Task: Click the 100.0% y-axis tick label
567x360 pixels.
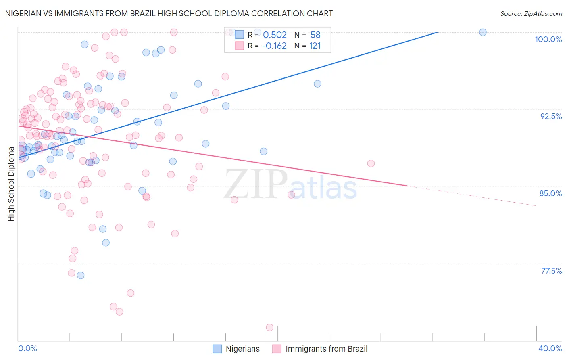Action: click(548, 39)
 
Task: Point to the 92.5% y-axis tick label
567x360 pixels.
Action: click(551, 116)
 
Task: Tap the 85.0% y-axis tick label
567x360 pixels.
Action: click(550, 193)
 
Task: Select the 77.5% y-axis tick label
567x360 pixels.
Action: click(551, 271)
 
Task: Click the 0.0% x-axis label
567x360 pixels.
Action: click(27, 348)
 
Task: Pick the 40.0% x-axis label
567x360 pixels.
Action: click(550, 348)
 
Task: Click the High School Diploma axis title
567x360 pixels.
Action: click(11, 184)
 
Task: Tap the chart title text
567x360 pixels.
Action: click(169, 13)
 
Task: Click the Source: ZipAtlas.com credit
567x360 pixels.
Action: click(531, 13)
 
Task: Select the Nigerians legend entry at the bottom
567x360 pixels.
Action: click(236, 349)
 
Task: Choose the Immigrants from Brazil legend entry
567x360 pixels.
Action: click(320, 349)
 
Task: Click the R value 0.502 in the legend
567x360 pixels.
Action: click(275, 35)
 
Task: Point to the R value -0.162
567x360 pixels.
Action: click(274, 46)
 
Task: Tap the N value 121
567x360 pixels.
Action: click(315, 46)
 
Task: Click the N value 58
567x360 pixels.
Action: click(315, 35)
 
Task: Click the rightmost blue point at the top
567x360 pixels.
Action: click(483, 32)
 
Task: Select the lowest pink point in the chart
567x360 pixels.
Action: click(270, 327)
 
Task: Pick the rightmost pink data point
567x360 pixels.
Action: click(371, 163)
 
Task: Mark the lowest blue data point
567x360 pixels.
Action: click(81, 275)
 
